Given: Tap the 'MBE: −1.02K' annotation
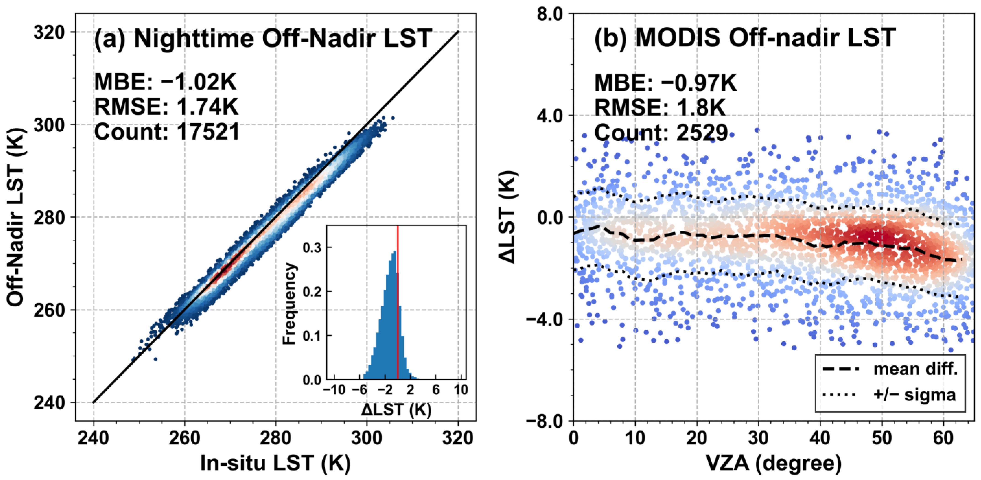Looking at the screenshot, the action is coord(165,82).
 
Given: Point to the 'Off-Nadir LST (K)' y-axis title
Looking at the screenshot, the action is coord(16,217).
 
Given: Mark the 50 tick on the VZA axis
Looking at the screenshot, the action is coord(882,438).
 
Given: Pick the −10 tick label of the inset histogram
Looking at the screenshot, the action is coord(334,390).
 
